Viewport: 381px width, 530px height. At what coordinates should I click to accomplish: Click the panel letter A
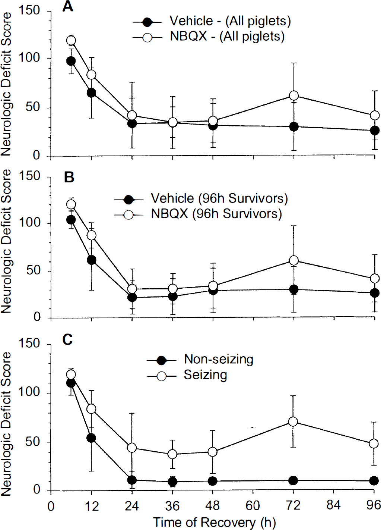(x=67, y=7)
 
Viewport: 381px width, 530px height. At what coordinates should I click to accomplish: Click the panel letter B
(x=69, y=178)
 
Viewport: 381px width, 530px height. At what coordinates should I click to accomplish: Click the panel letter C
(x=67, y=340)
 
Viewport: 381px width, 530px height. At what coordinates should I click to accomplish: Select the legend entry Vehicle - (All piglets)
(x=212, y=21)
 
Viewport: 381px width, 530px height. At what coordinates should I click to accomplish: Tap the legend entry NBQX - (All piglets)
(x=209, y=37)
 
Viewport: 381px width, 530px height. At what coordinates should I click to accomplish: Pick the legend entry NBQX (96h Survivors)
(x=198, y=214)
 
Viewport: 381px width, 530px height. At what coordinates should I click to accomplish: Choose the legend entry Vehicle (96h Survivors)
(x=201, y=198)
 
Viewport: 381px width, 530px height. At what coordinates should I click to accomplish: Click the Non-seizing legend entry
(x=200, y=360)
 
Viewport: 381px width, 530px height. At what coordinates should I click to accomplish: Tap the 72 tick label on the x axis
(x=293, y=505)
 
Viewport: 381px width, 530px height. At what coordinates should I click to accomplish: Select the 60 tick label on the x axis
(x=253, y=505)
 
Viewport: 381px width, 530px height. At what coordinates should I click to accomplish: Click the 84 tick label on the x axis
(x=334, y=505)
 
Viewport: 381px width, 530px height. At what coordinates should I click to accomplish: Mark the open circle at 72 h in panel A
(x=293, y=95)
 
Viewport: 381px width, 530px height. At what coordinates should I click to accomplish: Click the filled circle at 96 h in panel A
(x=375, y=131)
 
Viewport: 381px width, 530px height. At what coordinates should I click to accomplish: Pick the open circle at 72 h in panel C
(x=293, y=421)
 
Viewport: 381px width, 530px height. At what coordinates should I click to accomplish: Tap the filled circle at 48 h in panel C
(x=213, y=481)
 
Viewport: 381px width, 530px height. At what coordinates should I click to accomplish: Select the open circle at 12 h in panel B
(x=92, y=235)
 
